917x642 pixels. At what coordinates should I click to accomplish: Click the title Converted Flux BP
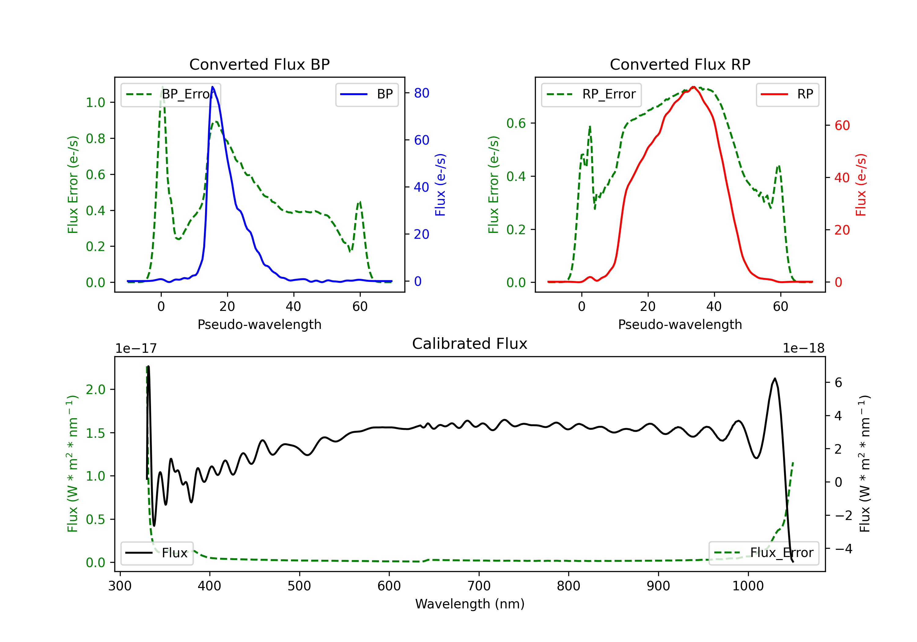259,64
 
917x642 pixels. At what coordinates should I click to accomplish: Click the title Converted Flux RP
680,64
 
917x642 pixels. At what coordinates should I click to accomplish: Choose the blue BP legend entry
366,94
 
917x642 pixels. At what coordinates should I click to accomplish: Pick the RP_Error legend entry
591,94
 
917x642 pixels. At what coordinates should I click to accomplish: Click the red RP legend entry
787,94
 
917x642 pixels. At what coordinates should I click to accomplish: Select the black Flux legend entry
157,553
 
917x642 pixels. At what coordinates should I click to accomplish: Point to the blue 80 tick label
421,93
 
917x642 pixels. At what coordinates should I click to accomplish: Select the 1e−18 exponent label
803,349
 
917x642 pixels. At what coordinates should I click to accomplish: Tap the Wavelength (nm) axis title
470,604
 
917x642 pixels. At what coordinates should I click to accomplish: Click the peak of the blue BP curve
212,87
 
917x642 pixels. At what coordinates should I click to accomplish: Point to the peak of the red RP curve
694,87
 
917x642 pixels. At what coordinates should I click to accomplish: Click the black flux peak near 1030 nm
775,378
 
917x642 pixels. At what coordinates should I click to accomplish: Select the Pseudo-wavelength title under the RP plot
680,324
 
